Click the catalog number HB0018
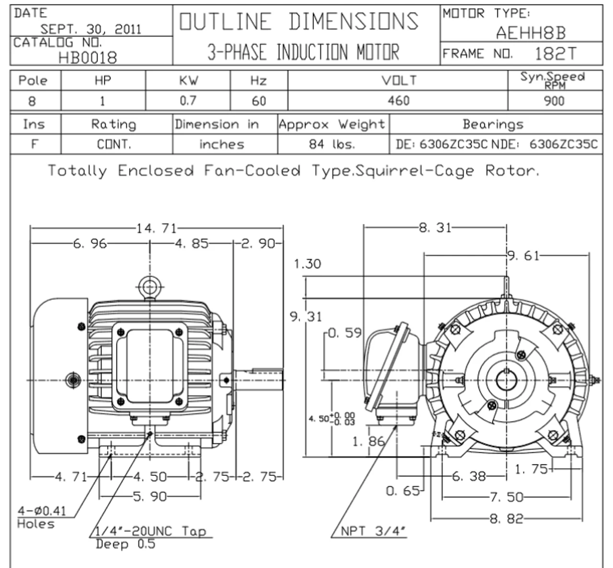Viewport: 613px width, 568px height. click(88, 57)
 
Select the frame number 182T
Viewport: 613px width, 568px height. click(556, 54)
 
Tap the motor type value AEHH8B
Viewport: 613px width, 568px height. click(531, 33)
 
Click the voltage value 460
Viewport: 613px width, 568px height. click(398, 100)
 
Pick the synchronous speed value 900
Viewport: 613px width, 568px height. click(554, 101)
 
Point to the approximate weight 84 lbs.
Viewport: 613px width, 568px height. click(332, 144)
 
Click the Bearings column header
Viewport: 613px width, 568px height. click(493, 124)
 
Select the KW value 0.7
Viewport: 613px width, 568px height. click(188, 100)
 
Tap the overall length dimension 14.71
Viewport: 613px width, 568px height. click(157, 228)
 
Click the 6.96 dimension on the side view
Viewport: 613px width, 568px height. click(90, 244)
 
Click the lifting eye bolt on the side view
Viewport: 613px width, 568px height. click(150, 287)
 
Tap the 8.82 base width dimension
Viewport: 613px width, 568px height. click(507, 519)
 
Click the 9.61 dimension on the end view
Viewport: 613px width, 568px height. click(523, 256)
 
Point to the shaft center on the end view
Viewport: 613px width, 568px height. click(507, 380)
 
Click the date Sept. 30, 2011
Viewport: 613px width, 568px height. click(91, 29)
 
